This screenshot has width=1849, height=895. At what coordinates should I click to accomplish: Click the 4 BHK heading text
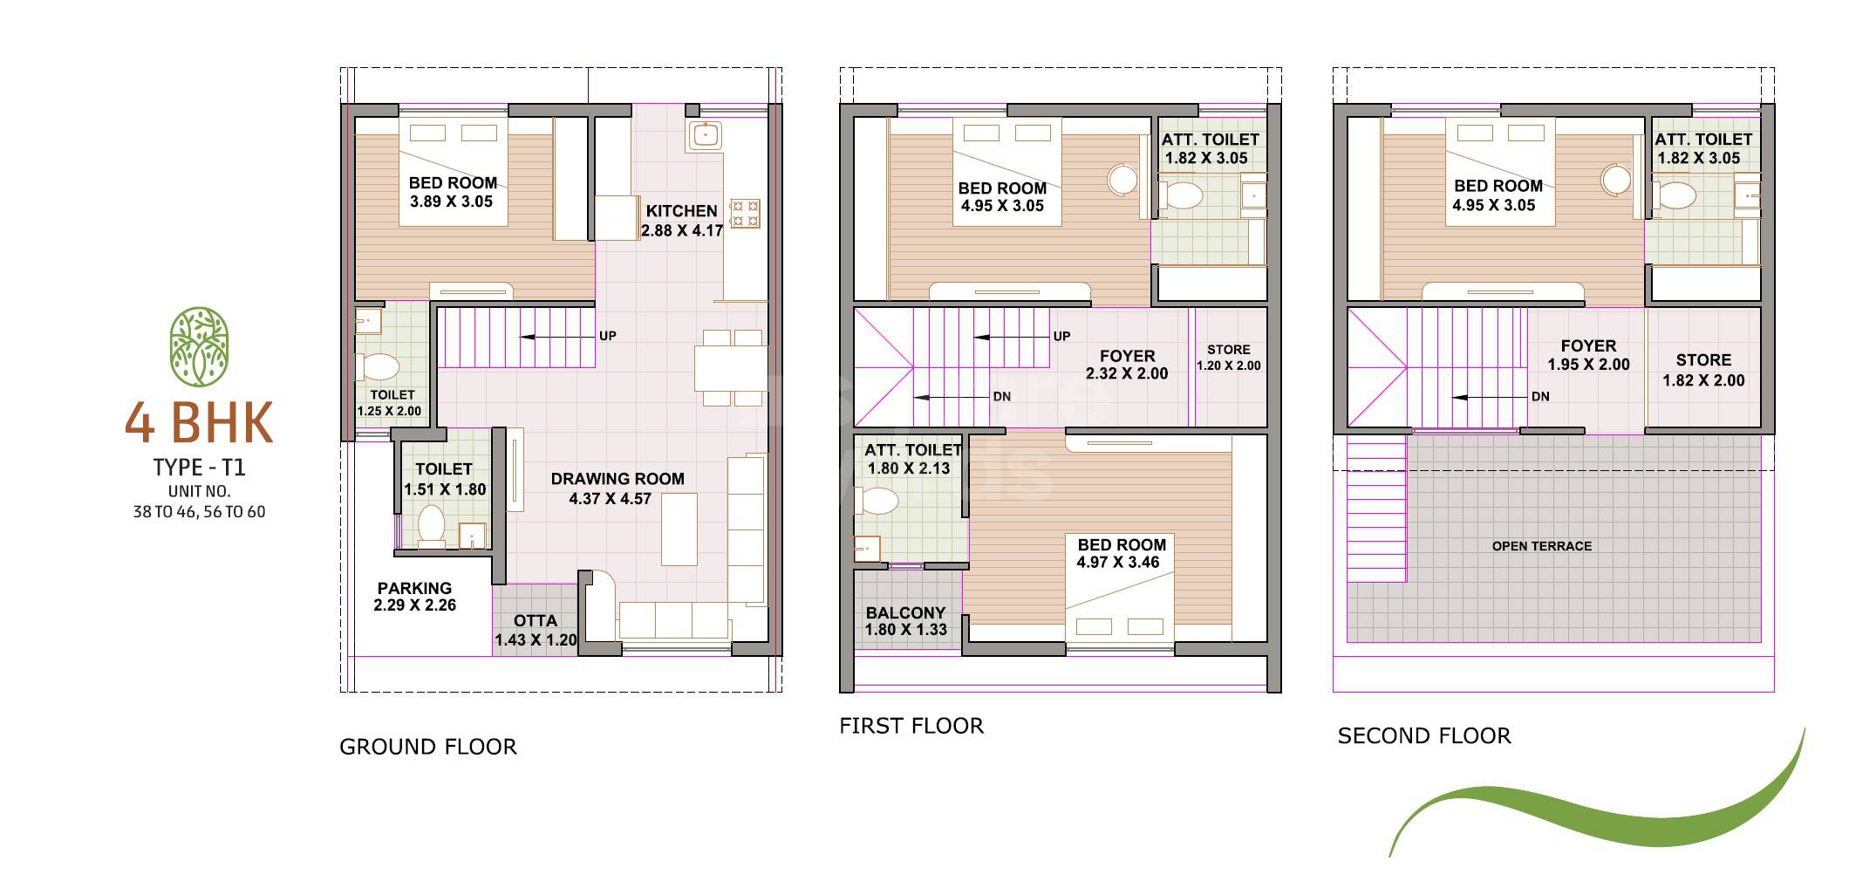[x=199, y=424]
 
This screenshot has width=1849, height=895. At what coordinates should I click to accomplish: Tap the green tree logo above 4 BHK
[x=199, y=346]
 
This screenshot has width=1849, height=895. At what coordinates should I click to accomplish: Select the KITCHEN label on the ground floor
[x=682, y=211]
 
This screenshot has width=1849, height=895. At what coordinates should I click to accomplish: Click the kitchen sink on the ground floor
[x=704, y=135]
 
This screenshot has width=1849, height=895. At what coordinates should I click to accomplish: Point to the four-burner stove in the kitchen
[x=744, y=214]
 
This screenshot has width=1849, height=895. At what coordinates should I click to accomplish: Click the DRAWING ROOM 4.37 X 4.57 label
[x=617, y=488]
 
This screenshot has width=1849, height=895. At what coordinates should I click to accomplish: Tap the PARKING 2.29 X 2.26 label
[x=414, y=597]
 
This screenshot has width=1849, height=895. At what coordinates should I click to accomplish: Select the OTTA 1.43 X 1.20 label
[x=536, y=630]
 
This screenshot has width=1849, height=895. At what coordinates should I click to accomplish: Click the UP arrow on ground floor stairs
[x=558, y=336]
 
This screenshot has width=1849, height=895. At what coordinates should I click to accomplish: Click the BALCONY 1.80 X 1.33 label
[x=905, y=621]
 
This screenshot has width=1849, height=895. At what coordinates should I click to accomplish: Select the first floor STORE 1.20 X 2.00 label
[x=1228, y=358]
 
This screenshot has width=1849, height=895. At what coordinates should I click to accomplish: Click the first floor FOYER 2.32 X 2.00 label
[x=1127, y=365]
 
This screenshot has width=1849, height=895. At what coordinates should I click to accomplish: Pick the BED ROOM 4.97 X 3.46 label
[x=1121, y=553]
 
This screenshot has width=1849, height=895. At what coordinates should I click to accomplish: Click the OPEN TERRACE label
[x=1541, y=546]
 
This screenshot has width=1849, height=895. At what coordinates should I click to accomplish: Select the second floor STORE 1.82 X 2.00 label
[x=1702, y=370]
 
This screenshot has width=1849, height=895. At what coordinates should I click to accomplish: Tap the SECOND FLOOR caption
[x=1423, y=736]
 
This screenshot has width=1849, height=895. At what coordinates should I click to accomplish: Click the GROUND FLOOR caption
[x=427, y=747]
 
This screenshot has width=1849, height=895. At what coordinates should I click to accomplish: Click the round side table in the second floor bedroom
[x=1616, y=181]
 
